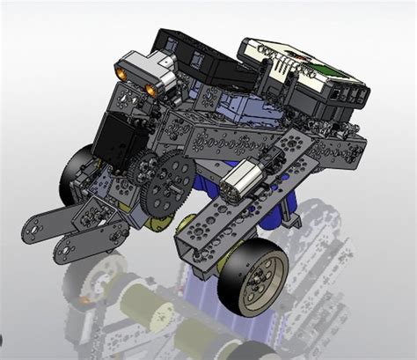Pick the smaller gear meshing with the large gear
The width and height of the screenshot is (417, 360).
pos(144,167)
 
